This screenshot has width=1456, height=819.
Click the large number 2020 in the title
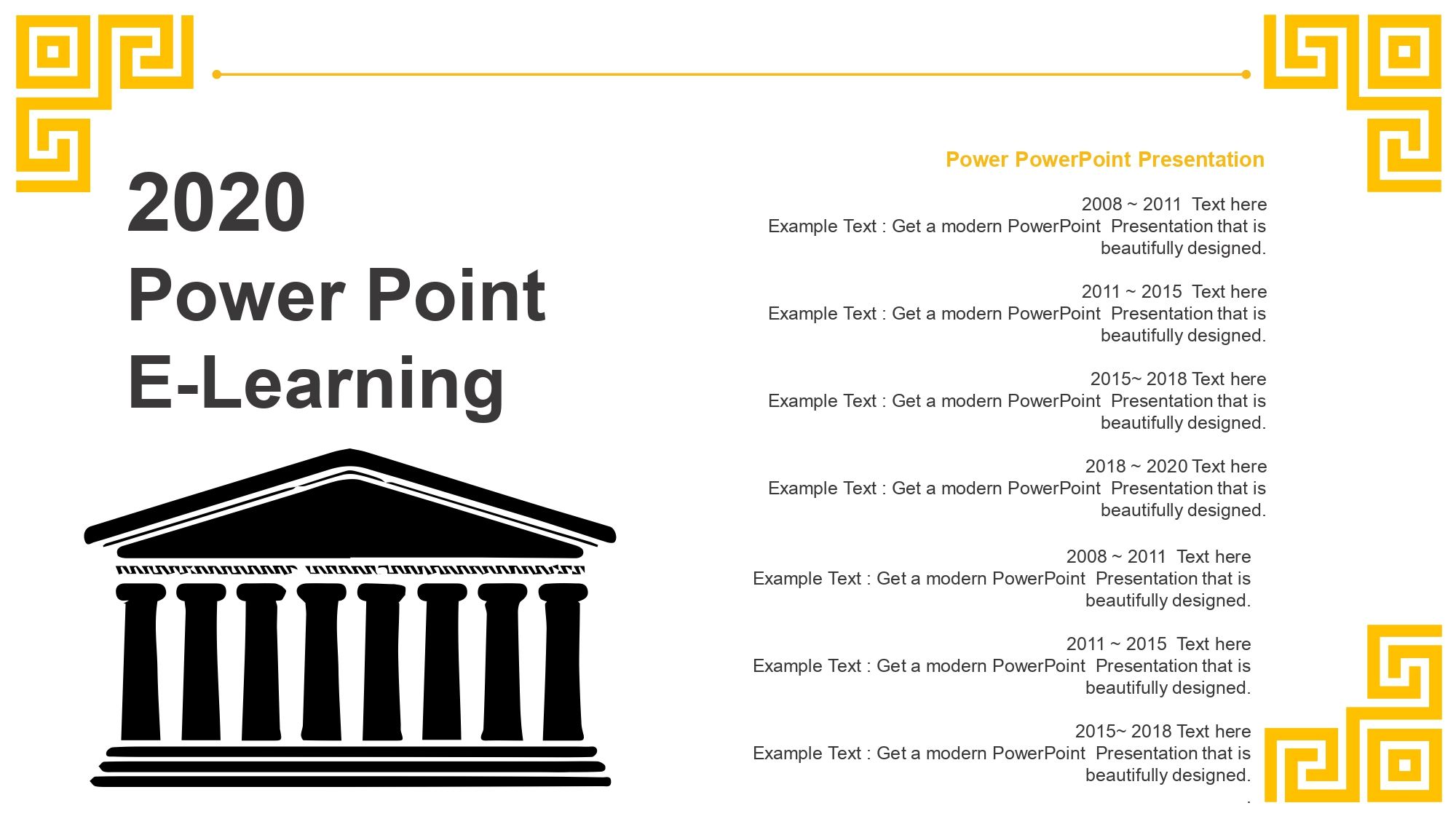[x=216, y=202]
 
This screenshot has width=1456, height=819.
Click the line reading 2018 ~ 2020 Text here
[x=1176, y=466]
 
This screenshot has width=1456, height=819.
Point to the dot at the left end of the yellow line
[x=216, y=74]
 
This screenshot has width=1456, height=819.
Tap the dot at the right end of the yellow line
[x=1246, y=74]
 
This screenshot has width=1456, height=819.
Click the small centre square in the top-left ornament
[x=52, y=51]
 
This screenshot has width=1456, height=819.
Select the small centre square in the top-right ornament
[x=1404, y=51]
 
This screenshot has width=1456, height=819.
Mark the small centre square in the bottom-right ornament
[x=1405, y=765]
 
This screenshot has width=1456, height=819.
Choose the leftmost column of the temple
[x=141, y=662]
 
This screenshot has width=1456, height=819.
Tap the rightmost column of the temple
[x=563, y=662]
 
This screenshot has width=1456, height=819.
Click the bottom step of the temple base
[x=350, y=782]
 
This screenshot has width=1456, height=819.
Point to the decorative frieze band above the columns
[x=350, y=570]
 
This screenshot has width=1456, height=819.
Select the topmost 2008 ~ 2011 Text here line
[x=1174, y=204]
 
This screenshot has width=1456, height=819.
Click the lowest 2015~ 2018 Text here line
[x=1163, y=731]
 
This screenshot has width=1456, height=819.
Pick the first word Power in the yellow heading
[x=977, y=159]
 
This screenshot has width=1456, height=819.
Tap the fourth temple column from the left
[x=322, y=662]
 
